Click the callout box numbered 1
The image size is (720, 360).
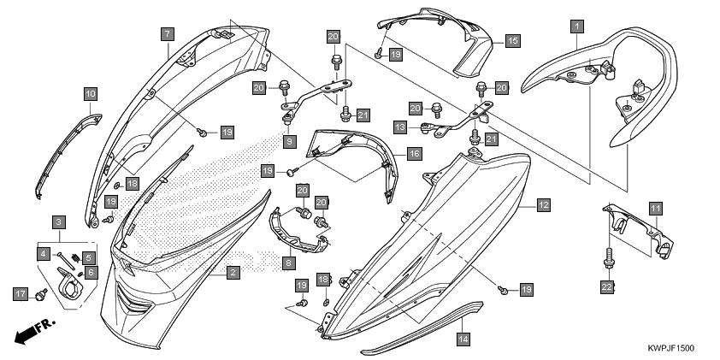tap(577, 27)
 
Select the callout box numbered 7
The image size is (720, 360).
tap(167, 33)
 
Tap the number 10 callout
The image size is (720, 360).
tap(91, 95)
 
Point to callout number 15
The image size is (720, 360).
tap(512, 41)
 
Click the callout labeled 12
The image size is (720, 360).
tap(544, 204)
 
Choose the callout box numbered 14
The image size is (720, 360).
tap(463, 339)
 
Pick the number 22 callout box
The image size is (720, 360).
tap(607, 287)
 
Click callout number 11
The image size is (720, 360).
tap(656, 209)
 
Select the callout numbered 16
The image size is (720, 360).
tap(414, 154)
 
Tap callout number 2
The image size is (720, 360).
tap(233, 273)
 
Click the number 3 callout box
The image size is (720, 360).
tap(58, 222)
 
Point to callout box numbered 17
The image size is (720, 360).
tap(21, 294)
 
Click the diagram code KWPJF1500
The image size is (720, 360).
tap(671, 348)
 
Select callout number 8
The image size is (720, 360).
tap(289, 263)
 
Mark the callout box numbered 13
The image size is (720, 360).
tap(400, 127)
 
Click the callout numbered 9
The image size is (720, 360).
tap(289, 141)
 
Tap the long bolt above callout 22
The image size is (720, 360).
tap(609, 257)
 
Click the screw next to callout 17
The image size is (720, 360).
tap(41, 295)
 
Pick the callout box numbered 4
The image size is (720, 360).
tap(44, 253)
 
